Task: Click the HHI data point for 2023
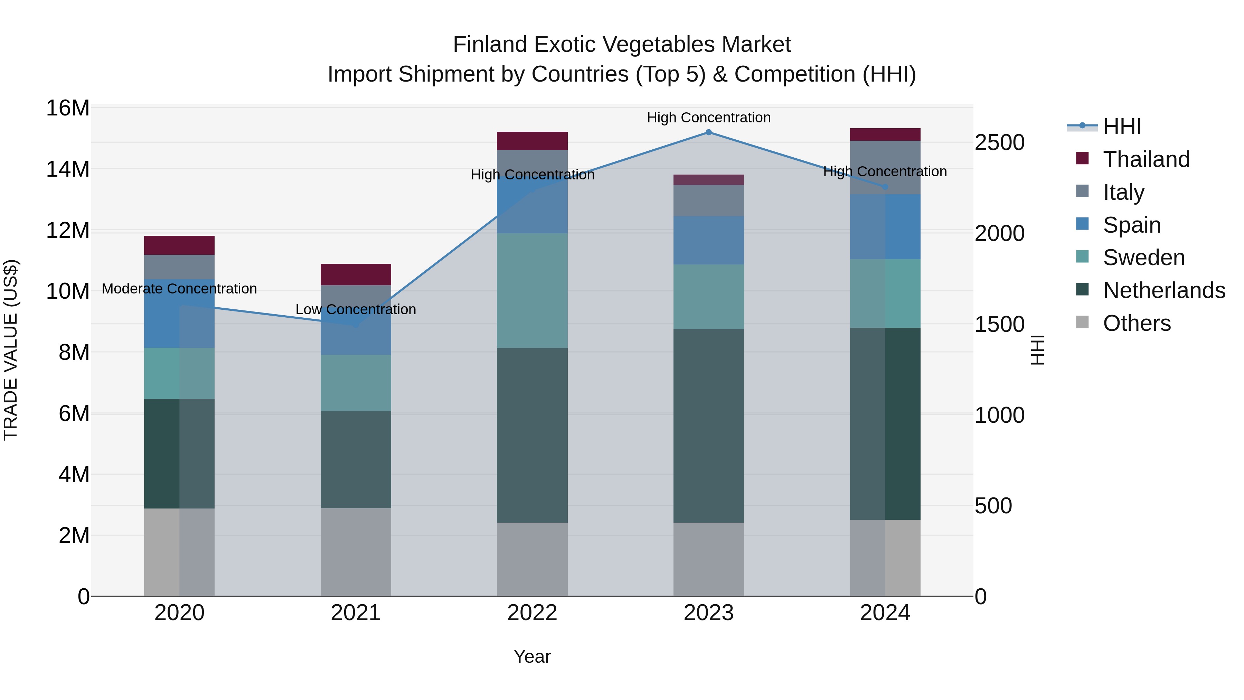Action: pyautogui.click(x=708, y=132)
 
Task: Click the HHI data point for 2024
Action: pyautogui.click(x=885, y=186)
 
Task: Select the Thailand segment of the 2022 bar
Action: pyautogui.click(x=532, y=141)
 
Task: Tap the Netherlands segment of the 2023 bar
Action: pyautogui.click(x=708, y=425)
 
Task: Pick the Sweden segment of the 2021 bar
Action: pyautogui.click(x=356, y=383)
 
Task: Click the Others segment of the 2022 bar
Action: pyautogui.click(x=532, y=559)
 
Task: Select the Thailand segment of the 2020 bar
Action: pyautogui.click(x=179, y=245)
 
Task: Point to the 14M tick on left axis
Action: pyautogui.click(x=68, y=169)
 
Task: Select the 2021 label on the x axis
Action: pyautogui.click(x=356, y=613)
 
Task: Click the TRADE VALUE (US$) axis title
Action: pyautogui.click(x=11, y=350)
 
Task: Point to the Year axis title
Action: pyautogui.click(x=532, y=656)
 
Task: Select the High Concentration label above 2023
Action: pyautogui.click(x=708, y=118)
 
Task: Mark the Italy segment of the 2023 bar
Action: pyautogui.click(x=708, y=200)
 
